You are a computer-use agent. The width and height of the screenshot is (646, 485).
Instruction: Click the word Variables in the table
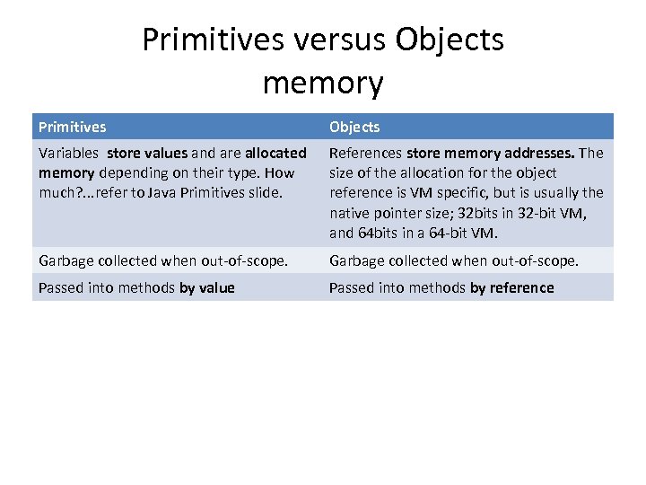coord(68,153)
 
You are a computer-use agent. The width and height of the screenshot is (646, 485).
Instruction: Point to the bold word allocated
coord(275,153)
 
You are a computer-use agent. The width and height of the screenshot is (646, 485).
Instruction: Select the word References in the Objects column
coord(365,153)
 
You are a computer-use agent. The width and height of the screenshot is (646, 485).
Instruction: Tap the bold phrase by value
coord(207,287)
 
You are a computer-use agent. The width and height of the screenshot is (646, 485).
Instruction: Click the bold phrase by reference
coord(517,287)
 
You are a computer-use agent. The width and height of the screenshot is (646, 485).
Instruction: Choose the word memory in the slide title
coord(323,83)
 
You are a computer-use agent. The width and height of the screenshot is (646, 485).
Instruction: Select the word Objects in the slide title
coord(449,40)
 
